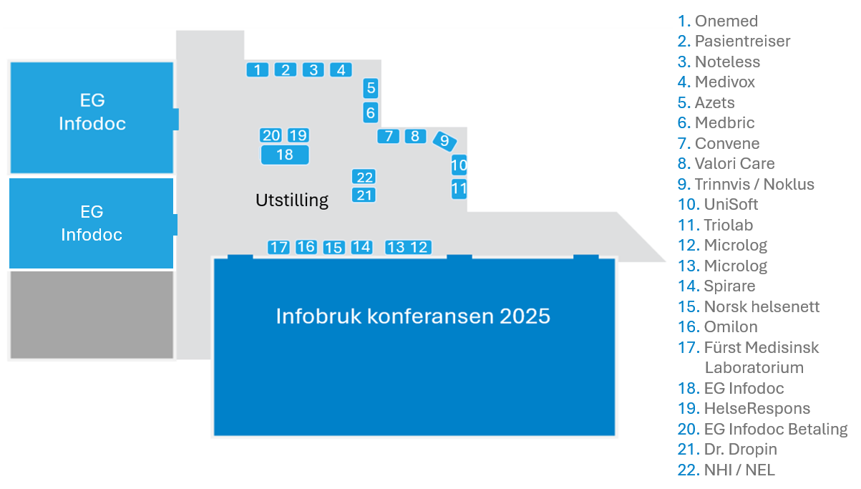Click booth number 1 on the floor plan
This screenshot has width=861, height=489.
pyautogui.click(x=257, y=69)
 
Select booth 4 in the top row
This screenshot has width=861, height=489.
pyautogui.click(x=341, y=69)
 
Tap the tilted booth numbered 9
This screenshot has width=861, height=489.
pyautogui.click(x=444, y=141)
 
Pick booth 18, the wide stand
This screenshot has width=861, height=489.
pyautogui.click(x=285, y=155)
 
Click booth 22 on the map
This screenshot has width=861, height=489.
pyautogui.click(x=364, y=178)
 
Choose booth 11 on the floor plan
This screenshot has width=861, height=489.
pyautogui.click(x=459, y=190)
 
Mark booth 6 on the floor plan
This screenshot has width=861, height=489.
pyautogui.click(x=370, y=112)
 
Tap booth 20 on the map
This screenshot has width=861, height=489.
pyautogui.click(x=271, y=135)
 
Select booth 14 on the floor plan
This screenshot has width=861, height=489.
pyautogui.click(x=361, y=247)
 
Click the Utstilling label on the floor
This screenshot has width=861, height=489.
pyautogui.click(x=292, y=200)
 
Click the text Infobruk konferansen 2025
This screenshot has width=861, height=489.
pyautogui.click(x=413, y=316)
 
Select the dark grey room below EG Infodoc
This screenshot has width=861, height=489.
pyautogui.click(x=92, y=315)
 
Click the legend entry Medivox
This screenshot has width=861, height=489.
pyautogui.click(x=724, y=82)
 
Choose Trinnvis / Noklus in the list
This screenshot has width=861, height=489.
pyautogui.click(x=754, y=184)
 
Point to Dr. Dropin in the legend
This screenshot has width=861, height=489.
pyautogui.click(x=740, y=450)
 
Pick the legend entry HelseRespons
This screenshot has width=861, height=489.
pyautogui.click(x=757, y=409)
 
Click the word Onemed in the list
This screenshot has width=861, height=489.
pyautogui.click(x=726, y=21)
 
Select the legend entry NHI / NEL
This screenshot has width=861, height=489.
pyautogui.click(x=739, y=470)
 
